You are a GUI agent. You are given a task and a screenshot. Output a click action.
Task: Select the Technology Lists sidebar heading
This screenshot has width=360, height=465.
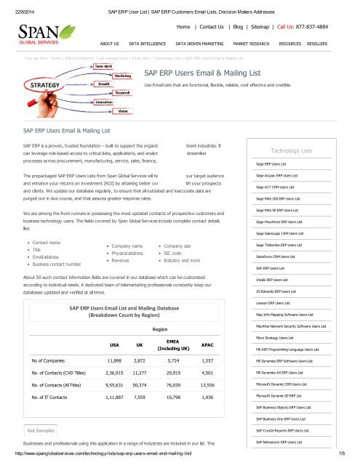290,150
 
